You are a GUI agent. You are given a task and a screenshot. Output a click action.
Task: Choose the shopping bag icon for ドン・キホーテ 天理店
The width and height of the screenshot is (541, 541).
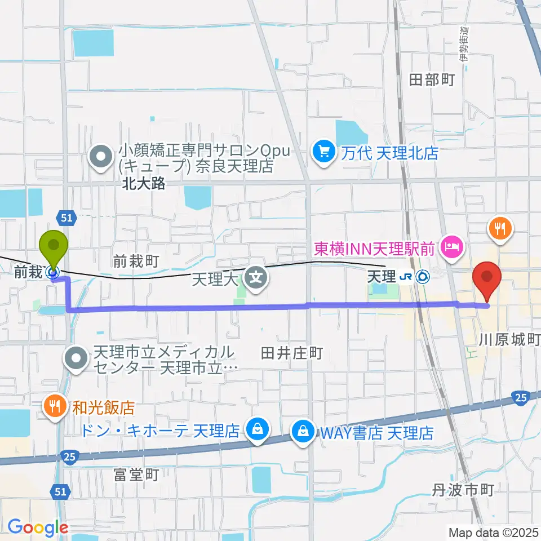(257, 431)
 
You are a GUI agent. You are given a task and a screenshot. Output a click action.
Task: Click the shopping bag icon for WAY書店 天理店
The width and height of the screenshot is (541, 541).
(303, 432)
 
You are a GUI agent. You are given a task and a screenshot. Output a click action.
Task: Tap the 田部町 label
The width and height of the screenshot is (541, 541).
(432, 80)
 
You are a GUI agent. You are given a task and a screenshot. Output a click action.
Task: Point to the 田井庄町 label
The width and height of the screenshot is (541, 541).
(291, 353)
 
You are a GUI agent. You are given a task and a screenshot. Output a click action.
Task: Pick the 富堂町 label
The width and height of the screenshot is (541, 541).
(135, 475)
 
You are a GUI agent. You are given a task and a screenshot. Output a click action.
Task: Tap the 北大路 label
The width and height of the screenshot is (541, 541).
(144, 184)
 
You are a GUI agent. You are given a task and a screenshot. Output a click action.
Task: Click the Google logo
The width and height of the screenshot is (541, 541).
(38, 527)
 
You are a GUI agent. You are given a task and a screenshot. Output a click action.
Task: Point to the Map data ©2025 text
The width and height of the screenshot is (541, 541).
(493, 531)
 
